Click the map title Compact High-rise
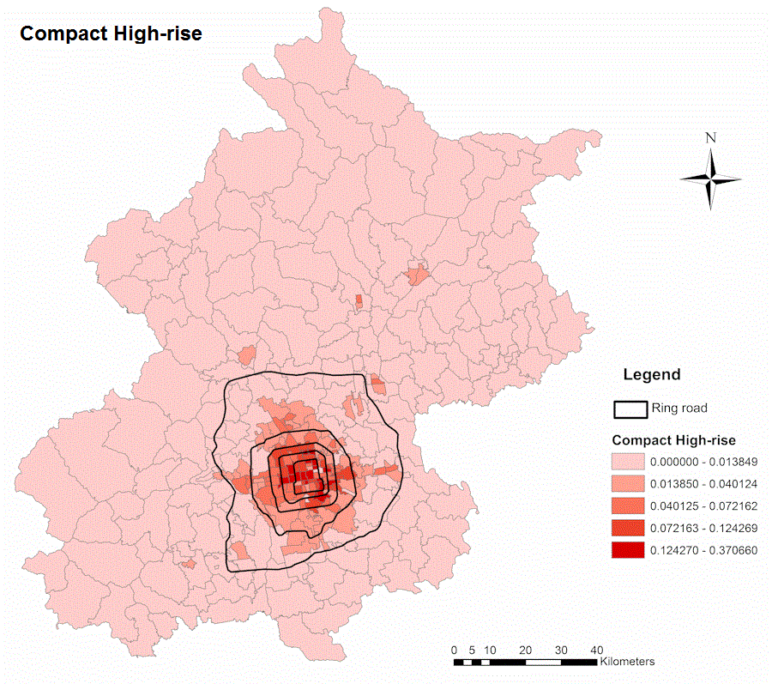(111, 33)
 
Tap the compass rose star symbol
(710, 179)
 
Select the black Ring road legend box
(629, 408)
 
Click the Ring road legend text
(679, 408)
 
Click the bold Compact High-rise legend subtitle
(673, 440)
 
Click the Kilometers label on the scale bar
(628, 662)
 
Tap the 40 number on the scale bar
(597, 649)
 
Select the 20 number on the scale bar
(526, 649)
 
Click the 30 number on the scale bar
(561, 649)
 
